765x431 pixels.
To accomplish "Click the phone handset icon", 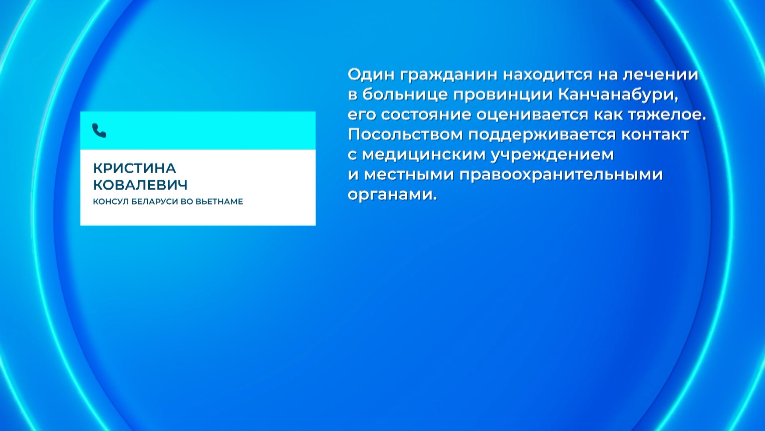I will (99, 130).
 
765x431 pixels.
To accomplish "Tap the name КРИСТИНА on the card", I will (134, 168).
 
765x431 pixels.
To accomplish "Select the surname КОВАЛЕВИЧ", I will (140, 185).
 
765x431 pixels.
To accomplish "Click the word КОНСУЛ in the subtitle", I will (111, 202).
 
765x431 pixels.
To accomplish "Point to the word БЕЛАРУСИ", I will (155, 202).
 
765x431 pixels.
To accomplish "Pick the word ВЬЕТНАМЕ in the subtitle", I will (219, 202).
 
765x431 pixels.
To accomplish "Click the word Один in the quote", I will (371, 75).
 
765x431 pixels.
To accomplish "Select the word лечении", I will (660, 75).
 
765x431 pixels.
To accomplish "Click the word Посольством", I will (405, 134).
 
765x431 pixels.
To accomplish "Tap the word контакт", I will (655, 134).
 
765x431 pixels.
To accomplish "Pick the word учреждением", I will (552, 155).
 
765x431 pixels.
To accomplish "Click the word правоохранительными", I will (561, 175).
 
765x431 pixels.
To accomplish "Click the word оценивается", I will (532, 115).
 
